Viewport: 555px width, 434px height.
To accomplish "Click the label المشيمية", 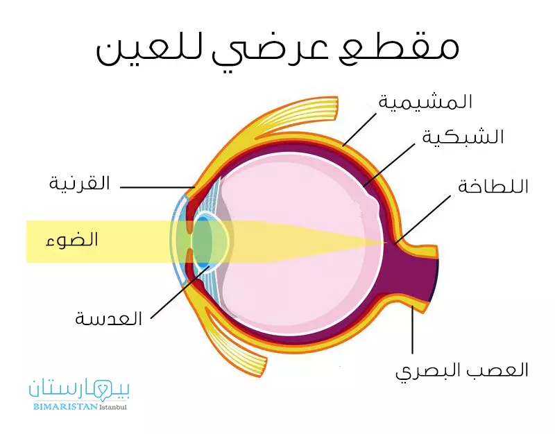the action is pos(425,101).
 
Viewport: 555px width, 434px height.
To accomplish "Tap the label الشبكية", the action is pos(463,137).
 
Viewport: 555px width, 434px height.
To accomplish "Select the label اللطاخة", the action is pos(493,186).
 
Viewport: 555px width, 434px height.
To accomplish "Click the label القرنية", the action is pos(79,184).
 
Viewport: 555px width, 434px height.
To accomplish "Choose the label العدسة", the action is pos(109,319).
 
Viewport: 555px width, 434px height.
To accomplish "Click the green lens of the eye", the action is pos(207,241).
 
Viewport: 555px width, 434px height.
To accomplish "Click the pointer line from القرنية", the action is pos(157,187).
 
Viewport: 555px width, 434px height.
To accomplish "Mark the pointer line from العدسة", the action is pos(180,291).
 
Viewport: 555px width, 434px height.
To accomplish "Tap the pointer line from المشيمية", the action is pos(359,130).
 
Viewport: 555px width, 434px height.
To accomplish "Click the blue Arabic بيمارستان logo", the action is pos(79,388).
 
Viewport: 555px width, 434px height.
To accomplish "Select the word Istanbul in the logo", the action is pos(112,408).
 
